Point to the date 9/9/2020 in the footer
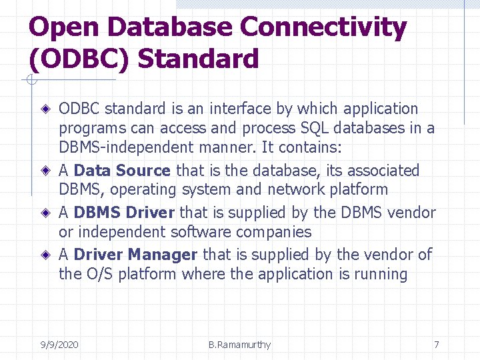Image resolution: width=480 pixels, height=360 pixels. click(59, 345)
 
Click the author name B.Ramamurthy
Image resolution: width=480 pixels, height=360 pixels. click(239, 345)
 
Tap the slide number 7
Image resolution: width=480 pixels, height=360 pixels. click(436, 345)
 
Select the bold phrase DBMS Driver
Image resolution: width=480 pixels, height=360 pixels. click(124, 213)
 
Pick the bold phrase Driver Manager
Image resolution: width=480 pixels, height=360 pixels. click(135, 255)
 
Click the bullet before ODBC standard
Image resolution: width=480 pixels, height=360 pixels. click(45, 109)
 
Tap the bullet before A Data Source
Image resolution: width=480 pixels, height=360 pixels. click(45, 171)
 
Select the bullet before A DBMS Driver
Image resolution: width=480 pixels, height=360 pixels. click(45, 213)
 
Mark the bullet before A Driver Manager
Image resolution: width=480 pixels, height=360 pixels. click(45, 255)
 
